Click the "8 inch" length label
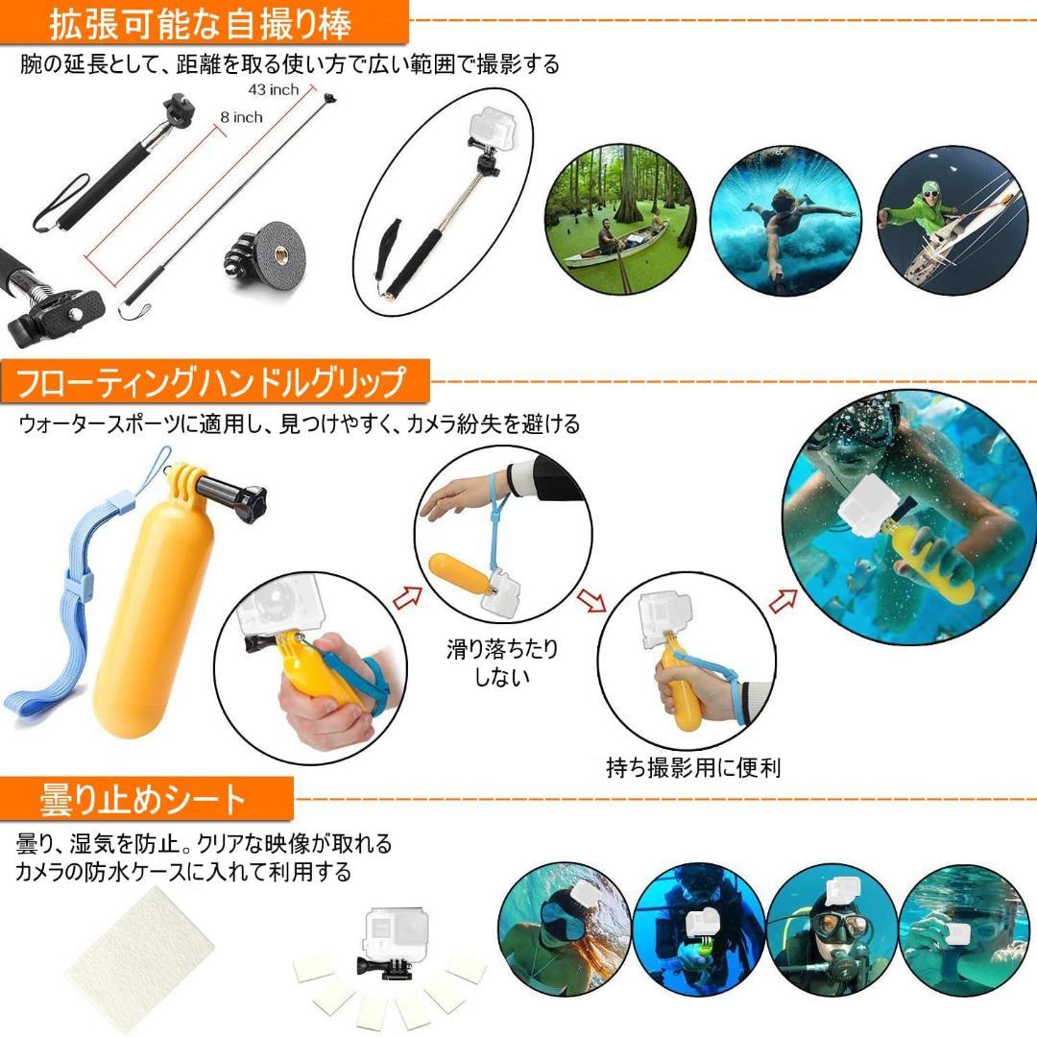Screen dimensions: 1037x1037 (240, 117)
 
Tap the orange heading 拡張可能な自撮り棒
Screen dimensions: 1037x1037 (202, 23)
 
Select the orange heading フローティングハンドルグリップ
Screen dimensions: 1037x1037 (211, 382)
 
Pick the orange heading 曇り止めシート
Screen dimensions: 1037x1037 (144, 798)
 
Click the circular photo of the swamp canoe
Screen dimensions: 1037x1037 (619, 221)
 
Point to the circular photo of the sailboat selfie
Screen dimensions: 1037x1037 (946, 219)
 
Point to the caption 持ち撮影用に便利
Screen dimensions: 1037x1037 (693, 767)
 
